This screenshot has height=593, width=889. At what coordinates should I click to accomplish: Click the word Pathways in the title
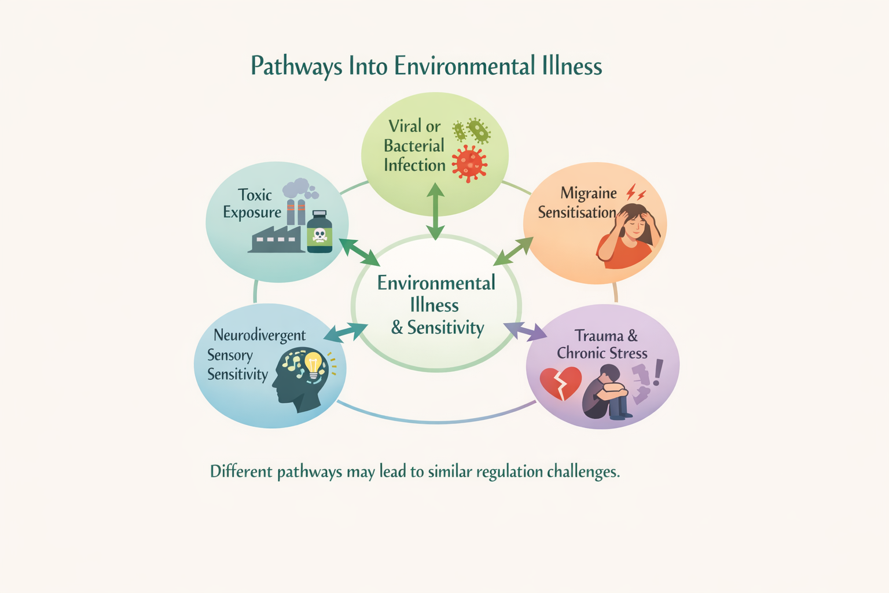point(296,66)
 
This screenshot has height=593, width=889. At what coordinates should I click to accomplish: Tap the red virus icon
point(469,163)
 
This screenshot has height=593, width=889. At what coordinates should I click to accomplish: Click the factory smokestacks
point(296,212)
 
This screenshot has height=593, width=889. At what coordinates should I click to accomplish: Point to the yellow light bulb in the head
point(313,365)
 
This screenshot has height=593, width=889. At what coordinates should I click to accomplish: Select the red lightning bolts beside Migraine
point(636,192)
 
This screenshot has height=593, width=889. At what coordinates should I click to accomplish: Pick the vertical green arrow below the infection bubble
point(435,211)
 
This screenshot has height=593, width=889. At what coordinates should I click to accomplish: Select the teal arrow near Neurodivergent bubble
point(346,332)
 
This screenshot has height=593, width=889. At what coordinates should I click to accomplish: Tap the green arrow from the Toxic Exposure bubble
point(359,252)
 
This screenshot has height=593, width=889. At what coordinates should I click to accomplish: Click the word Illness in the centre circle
point(434,305)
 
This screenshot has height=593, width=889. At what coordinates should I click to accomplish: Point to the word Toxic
point(255,195)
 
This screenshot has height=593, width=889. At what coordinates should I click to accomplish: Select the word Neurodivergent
point(259,335)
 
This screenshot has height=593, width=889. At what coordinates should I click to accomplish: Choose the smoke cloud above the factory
point(299,189)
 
